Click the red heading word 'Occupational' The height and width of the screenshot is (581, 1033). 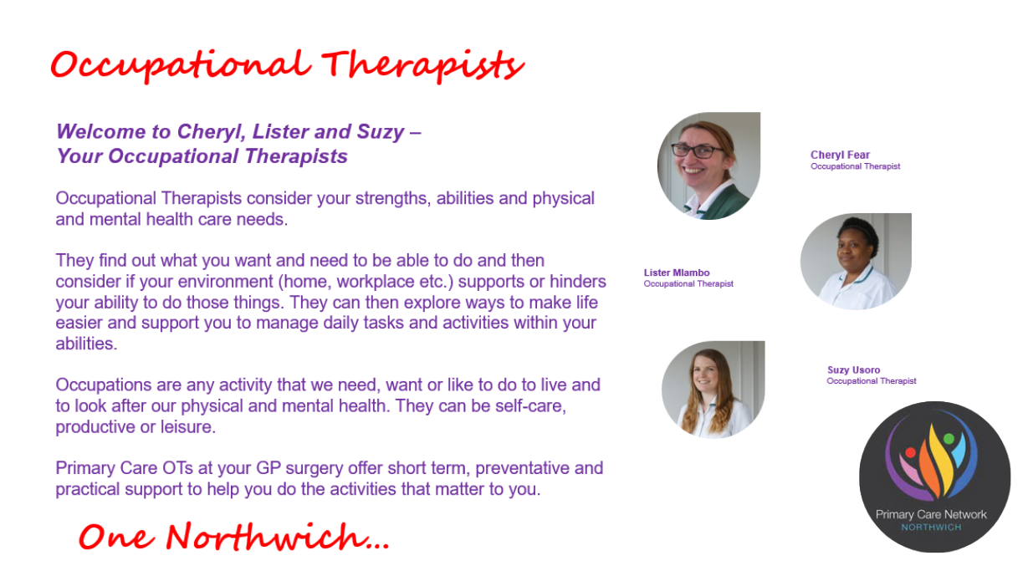coord(181,66)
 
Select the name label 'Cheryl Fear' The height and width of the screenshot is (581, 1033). coord(840,155)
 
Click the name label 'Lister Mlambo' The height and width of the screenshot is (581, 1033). coord(677,273)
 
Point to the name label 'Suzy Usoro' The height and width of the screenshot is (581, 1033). coord(854,370)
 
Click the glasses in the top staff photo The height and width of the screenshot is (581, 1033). coord(698,150)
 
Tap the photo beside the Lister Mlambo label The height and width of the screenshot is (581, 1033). coord(856,262)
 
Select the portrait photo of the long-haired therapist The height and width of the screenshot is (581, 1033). coord(713,390)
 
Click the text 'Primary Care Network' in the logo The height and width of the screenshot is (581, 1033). coord(931,515)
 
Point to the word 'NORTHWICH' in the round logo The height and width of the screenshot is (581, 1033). coord(931,527)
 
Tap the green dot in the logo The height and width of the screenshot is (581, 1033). coord(949,438)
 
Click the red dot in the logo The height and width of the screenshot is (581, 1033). coord(910,452)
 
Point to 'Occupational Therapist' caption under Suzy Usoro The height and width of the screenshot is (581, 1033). coord(871,381)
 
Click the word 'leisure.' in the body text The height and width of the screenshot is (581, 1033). coord(188,427)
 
